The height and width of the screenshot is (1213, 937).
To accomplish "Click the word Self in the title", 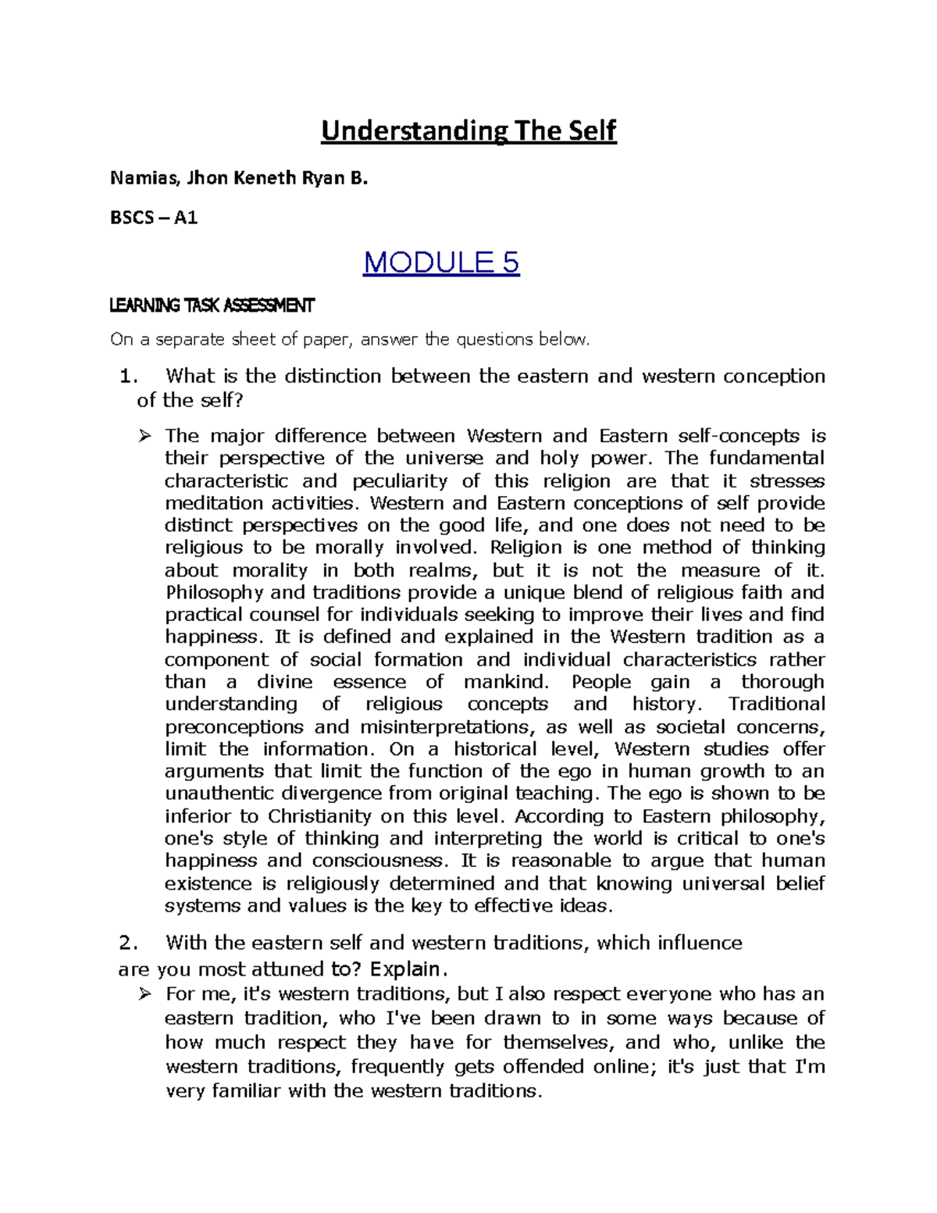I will tap(588, 130).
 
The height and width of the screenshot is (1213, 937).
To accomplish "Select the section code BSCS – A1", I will tap(154, 218).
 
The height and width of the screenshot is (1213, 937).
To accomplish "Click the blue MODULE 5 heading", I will tap(441, 262).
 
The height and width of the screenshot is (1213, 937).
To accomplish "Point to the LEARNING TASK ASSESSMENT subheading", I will tap(212, 305).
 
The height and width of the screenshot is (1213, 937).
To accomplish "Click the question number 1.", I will tap(129, 376).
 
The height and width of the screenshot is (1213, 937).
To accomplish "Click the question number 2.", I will tap(129, 943).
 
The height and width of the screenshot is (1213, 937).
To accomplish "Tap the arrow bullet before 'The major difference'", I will tap(144, 436).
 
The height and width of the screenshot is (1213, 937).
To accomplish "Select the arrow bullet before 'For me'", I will tap(144, 994).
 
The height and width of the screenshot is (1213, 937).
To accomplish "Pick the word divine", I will tap(284, 682).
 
